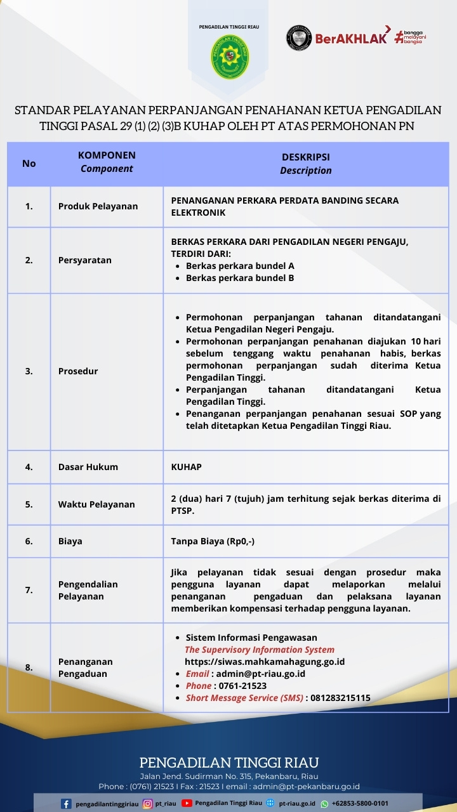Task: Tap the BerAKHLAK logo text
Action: point(351,39)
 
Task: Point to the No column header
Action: point(29,163)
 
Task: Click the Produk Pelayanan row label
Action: point(98,206)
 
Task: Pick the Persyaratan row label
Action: point(84,260)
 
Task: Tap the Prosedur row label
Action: point(78,371)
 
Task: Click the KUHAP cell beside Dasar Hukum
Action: point(187,467)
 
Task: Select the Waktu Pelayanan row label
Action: point(96,504)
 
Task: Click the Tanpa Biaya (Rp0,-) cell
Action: point(213,541)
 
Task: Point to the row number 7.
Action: point(29,590)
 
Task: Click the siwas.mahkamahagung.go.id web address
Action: point(265,662)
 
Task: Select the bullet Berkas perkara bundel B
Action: point(239,278)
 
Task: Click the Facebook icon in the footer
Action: point(66,804)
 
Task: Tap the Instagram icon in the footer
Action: point(147,804)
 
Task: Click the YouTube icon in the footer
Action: point(187,803)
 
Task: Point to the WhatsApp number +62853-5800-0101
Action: point(360,804)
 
